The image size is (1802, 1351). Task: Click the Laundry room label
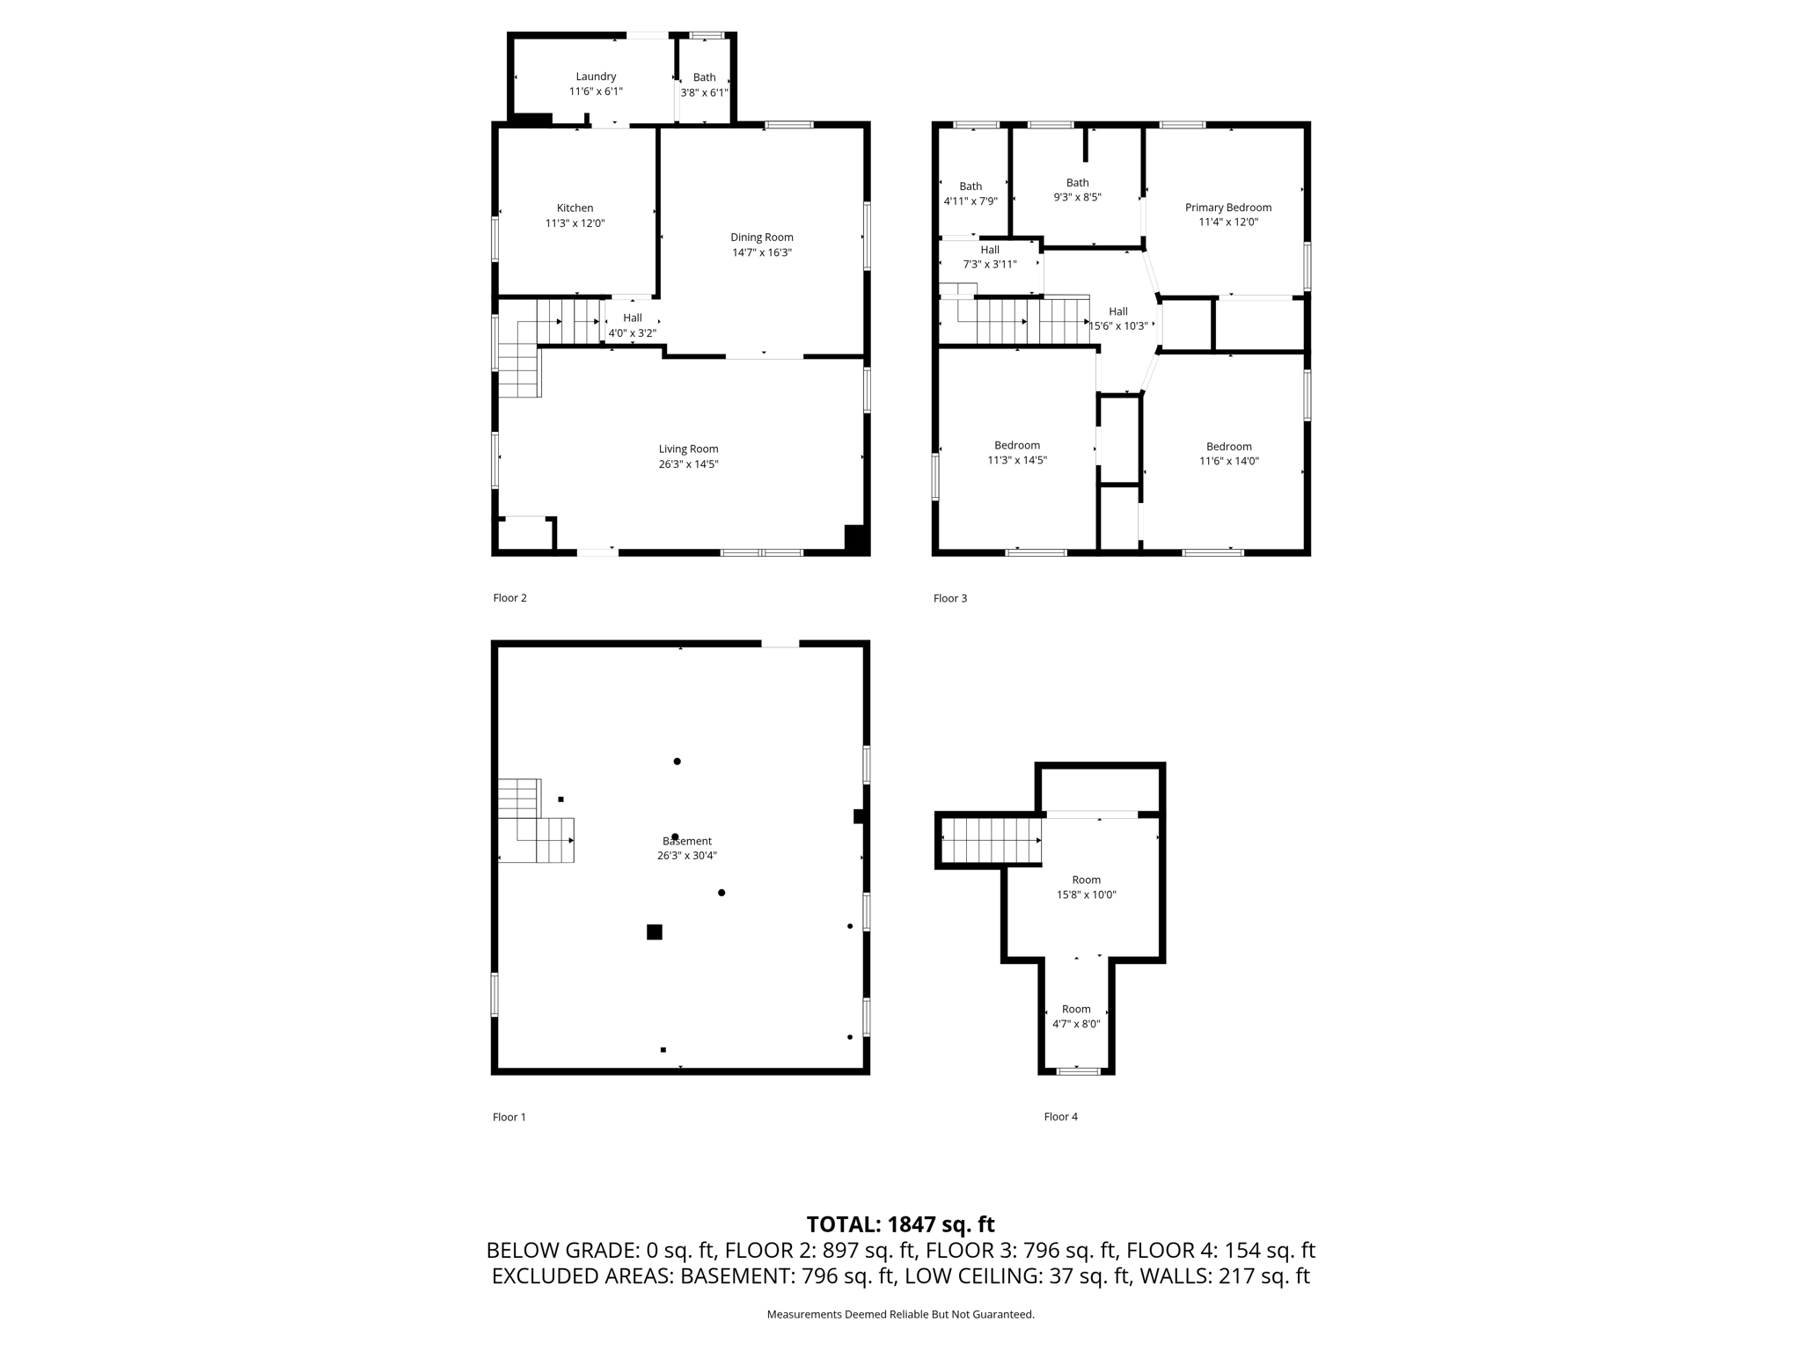click(x=596, y=77)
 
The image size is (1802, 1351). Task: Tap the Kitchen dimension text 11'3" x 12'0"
click(x=575, y=223)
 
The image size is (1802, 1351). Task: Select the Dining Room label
click(x=761, y=237)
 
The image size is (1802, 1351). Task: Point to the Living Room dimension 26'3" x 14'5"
click(x=688, y=464)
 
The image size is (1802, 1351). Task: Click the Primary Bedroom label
click(x=1227, y=208)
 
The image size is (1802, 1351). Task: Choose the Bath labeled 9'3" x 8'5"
click(x=1077, y=190)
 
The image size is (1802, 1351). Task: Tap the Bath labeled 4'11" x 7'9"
click(x=971, y=194)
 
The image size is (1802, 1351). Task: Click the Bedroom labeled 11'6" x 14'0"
click(x=1228, y=454)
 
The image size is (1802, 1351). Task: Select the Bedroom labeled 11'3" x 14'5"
click(x=1017, y=453)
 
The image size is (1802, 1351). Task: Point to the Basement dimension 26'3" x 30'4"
click(x=686, y=856)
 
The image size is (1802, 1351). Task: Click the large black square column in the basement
click(x=654, y=932)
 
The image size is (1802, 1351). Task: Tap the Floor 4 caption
click(x=1060, y=1117)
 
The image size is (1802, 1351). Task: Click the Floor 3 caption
click(x=949, y=599)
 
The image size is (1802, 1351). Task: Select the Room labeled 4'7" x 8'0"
click(x=1076, y=1017)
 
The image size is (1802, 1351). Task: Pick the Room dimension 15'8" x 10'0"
click(x=1086, y=895)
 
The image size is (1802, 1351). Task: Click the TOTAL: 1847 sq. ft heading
click(x=900, y=1224)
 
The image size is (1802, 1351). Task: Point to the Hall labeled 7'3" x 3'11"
click(x=990, y=257)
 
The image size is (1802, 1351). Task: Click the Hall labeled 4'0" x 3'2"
click(x=632, y=325)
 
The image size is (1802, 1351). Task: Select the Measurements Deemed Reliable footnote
click(x=900, y=1315)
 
